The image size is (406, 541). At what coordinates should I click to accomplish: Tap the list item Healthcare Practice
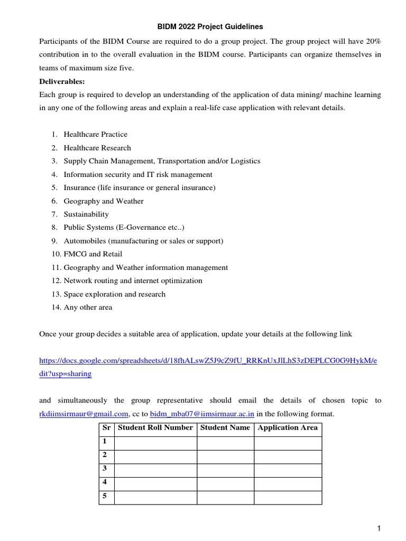point(95,134)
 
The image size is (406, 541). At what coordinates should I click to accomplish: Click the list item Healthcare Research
point(97,148)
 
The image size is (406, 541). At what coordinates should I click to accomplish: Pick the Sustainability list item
point(86,214)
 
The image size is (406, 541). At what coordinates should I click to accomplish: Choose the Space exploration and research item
point(114,294)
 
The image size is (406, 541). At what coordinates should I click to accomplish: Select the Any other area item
point(88,307)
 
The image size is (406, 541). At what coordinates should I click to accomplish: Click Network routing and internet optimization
point(133,281)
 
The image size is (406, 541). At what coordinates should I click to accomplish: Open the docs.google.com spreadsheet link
point(208,360)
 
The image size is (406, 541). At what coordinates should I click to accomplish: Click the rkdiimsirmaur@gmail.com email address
point(84,414)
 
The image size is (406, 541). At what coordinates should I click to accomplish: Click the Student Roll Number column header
point(155,427)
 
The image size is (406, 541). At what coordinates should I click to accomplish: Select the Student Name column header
point(225,427)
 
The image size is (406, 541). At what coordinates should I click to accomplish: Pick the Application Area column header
point(288,427)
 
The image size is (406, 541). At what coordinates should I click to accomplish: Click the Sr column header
point(106,427)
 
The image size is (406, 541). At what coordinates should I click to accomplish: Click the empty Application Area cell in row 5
point(288,497)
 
